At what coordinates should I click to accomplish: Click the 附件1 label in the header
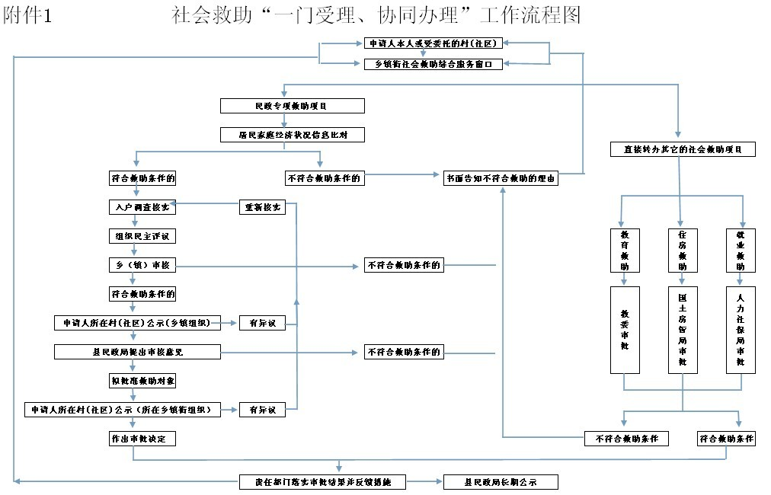pos(27,15)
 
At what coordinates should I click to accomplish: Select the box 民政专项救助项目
pos(292,106)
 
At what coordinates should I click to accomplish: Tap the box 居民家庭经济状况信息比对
pos(292,135)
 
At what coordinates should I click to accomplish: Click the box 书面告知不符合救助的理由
pos(501,179)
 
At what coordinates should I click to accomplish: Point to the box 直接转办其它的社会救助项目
pos(683,149)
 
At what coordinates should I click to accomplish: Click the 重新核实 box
pos(262,207)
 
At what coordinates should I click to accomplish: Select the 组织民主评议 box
pos(142,236)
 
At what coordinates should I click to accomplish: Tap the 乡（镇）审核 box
pos(142,265)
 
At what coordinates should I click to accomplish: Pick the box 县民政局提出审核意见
pos(137,352)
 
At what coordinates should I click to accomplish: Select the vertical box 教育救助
pos(625,250)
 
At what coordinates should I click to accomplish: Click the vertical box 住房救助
pos(683,250)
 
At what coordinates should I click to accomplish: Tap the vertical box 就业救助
pos(741,250)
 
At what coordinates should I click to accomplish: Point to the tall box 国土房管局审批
pos(683,330)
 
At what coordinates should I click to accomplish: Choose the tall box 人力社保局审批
pos(741,330)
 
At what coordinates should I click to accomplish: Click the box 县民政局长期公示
pos(501,482)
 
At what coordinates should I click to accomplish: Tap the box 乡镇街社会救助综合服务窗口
pos(433,65)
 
